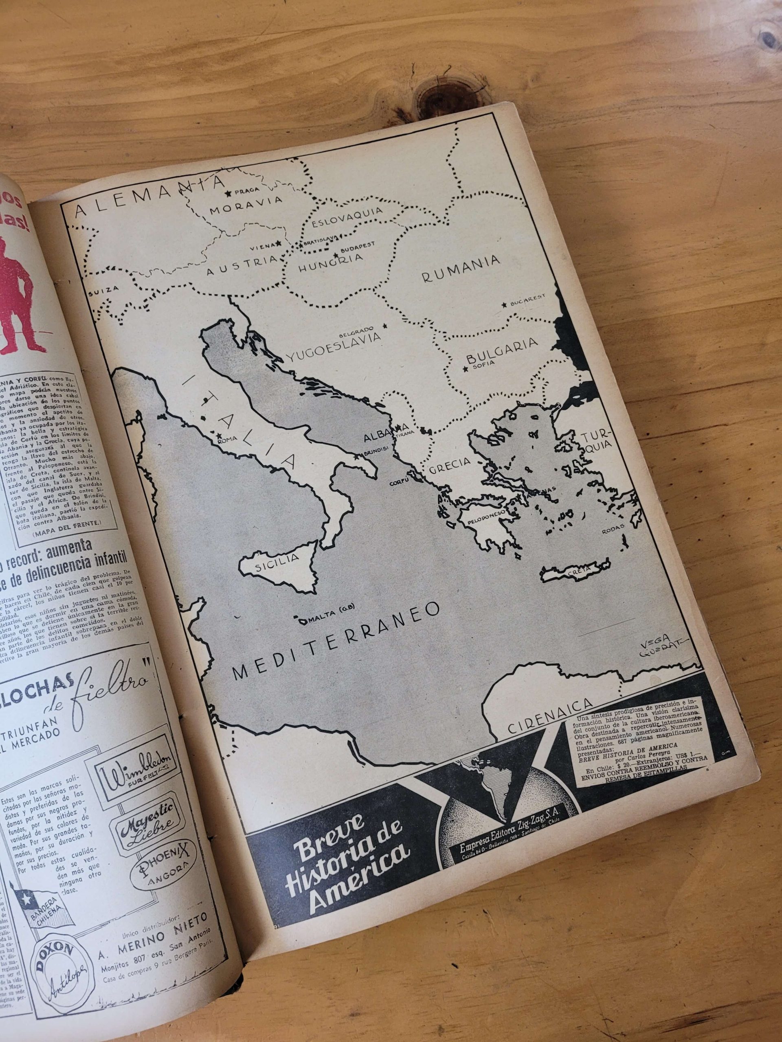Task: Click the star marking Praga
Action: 228,193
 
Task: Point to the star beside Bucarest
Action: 505,305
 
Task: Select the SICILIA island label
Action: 277,560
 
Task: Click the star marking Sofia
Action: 466,369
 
